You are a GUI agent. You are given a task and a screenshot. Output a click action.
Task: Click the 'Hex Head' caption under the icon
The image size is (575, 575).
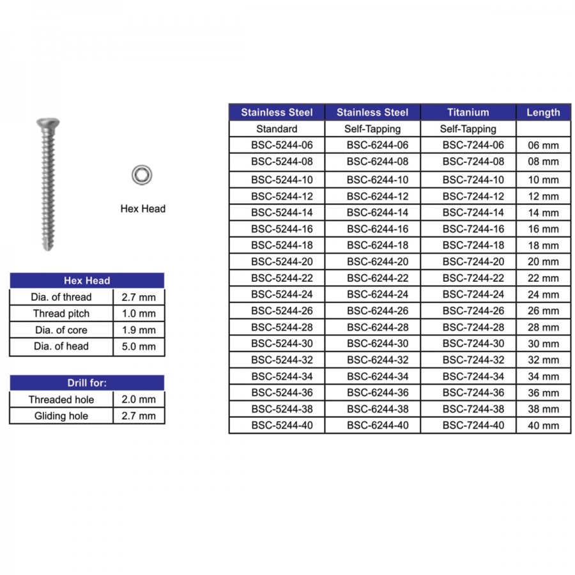pyautogui.click(x=142, y=208)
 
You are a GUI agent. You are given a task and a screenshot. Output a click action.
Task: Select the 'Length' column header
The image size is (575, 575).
pyautogui.click(x=543, y=112)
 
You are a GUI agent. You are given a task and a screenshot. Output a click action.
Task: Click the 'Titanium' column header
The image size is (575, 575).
pyautogui.click(x=468, y=112)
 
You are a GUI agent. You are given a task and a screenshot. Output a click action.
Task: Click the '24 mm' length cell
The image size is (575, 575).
pyautogui.click(x=543, y=295)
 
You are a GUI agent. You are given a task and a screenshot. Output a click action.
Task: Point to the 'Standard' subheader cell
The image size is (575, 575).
pyautogui.click(x=277, y=129)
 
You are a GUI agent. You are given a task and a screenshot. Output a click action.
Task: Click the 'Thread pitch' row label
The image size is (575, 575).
pyautogui.click(x=61, y=314)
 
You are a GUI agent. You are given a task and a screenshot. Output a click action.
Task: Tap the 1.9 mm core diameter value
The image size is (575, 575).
pyautogui.click(x=139, y=330)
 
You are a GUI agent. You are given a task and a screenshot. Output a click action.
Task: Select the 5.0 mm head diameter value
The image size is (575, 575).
pyautogui.click(x=139, y=347)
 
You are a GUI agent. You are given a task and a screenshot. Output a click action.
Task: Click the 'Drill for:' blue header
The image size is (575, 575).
pyautogui.click(x=87, y=383)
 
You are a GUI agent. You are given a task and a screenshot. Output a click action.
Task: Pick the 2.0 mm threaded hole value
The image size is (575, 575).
pyautogui.click(x=139, y=400)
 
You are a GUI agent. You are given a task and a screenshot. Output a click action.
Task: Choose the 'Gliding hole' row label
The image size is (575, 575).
pyautogui.click(x=61, y=416)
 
